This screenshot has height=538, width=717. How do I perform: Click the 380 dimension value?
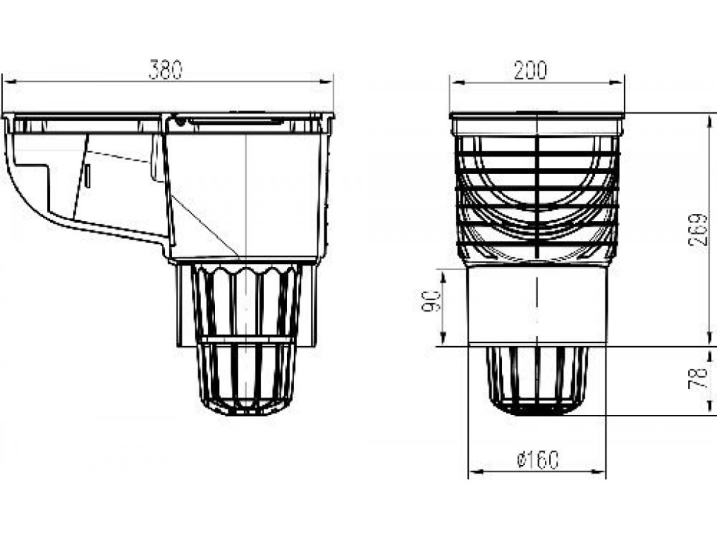click(165, 69)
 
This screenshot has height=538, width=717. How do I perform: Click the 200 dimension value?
click(530, 70)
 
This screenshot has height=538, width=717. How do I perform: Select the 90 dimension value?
click(431, 301)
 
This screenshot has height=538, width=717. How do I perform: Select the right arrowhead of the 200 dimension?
click(617, 83)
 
